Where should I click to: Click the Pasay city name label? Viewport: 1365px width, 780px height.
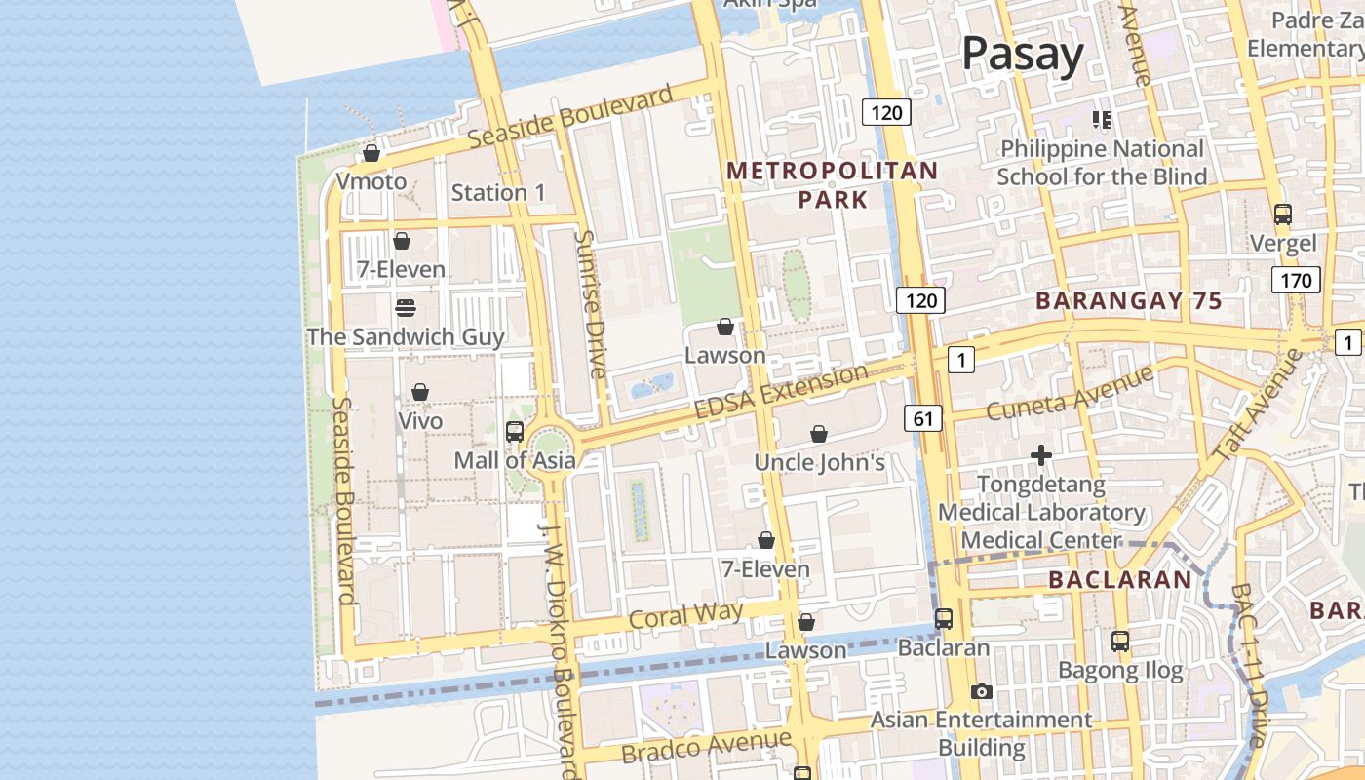point(1022,54)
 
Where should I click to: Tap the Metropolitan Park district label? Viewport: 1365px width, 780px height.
point(833,185)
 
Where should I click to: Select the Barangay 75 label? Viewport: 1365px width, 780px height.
point(1128,301)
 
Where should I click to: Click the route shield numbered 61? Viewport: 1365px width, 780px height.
point(923,419)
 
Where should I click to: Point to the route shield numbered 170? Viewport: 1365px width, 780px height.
point(1296,281)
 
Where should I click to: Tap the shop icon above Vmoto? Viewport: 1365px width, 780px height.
point(370,153)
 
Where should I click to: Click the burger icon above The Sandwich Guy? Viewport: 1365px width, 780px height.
point(406,308)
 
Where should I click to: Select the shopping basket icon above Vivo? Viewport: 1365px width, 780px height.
point(420,392)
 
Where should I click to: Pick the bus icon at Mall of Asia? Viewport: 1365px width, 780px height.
point(515,431)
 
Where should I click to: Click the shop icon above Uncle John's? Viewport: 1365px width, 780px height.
point(819,434)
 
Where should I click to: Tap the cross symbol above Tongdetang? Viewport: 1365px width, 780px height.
point(1041,455)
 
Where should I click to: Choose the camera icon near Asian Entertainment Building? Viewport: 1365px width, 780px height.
point(982,691)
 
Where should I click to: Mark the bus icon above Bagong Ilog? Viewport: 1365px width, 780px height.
point(1120,642)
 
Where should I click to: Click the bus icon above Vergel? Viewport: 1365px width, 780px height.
point(1283,214)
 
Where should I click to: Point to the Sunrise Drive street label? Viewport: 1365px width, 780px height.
point(591,303)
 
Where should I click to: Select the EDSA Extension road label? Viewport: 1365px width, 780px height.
point(781,392)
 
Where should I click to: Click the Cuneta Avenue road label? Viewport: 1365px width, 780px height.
point(1070,393)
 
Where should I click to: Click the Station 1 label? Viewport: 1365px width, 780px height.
point(498,193)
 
